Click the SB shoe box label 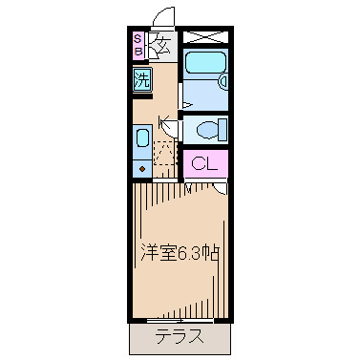138,45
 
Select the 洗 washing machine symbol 141,79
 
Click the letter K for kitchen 163,121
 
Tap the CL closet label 204,163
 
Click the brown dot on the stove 141,168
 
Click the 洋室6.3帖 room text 180,253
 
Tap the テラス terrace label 179,336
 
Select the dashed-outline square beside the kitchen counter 166,153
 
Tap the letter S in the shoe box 138,39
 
